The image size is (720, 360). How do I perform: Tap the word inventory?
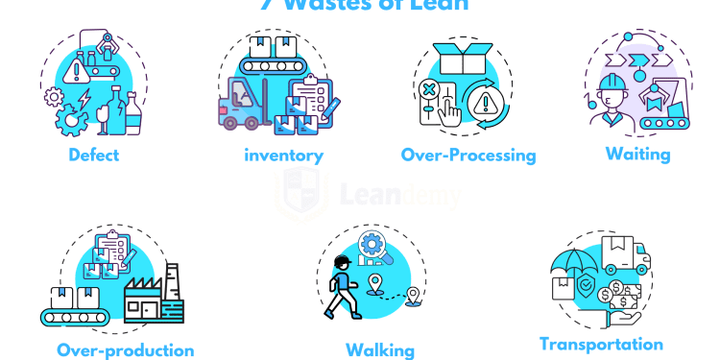(x=283, y=156)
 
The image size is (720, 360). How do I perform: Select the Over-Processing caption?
(x=468, y=155)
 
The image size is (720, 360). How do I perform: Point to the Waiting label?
(x=637, y=153)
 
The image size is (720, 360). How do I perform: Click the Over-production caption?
(x=125, y=350)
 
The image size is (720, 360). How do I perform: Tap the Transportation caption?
(x=601, y=344)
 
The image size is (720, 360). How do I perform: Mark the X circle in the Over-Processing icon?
(x=429, y=91)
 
